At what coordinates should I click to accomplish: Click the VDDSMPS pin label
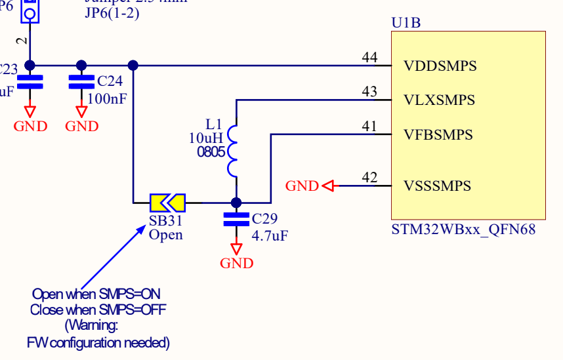click(440, 66)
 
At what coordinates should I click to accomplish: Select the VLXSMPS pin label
click(440, 100)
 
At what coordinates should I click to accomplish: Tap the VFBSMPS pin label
click(439, 134)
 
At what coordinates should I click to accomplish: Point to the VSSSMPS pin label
click(438, 186)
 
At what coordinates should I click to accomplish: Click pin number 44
click(369, 58)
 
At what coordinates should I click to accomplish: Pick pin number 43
click(369, 92)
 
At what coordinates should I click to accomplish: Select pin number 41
click(369, 126)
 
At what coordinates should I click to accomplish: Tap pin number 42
click(369, 177)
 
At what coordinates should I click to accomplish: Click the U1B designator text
click(406, 23)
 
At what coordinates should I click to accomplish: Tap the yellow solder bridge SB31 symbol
click(167, 203)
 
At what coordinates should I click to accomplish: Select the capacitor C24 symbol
click(81, 83)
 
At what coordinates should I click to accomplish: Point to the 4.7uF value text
click(270, 233)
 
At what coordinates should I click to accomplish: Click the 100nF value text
click(107, 99)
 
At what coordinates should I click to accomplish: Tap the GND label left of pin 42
click(302, 186)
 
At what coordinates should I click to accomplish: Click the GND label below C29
click(236, 264)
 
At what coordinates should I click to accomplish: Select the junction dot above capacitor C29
click(236, 203)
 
